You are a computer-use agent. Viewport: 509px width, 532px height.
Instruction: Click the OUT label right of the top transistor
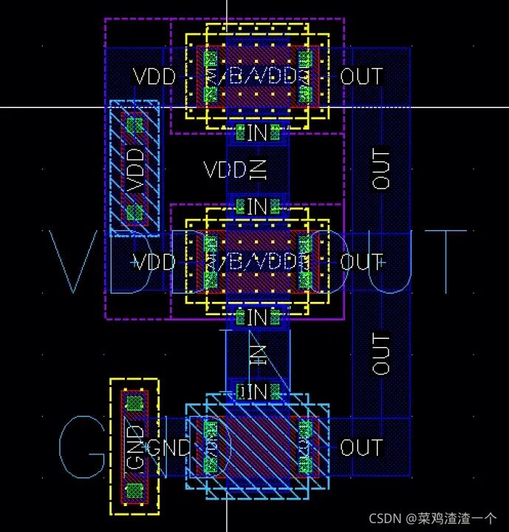click(x=361, y=75)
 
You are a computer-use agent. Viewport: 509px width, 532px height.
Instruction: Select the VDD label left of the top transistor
click(x=154, y=75)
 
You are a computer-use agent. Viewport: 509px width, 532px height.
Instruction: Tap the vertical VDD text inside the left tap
click(x=134, y=169)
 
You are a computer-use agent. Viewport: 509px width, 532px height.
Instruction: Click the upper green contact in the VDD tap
click(x=134, y=125)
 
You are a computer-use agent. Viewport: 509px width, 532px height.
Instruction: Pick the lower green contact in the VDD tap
click(x=134, y=213)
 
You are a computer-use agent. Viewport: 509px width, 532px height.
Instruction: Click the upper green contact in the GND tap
click(x=134, y=403)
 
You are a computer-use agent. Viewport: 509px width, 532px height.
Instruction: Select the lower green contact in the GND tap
click(x=134, y=491)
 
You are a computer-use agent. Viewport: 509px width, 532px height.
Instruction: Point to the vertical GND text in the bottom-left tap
click(x=134, y=447)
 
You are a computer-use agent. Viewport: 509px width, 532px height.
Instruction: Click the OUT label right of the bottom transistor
click(x=361, y=447)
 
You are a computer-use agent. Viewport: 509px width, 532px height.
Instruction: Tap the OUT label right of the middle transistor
click(x=361, y=262)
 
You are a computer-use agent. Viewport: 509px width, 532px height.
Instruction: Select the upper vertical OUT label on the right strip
click(x=381, y=169)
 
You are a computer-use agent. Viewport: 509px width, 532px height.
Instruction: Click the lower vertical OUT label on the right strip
click(x=381, y=354)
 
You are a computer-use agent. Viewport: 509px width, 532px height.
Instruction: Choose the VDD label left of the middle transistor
click(x=154, y=262)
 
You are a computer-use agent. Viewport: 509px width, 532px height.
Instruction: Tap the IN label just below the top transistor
click(x=257, y=133)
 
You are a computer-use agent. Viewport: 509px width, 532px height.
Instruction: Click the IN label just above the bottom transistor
click(x=257, y=391)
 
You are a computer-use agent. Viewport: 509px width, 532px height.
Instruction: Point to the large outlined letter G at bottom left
click(x=82, y=447)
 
